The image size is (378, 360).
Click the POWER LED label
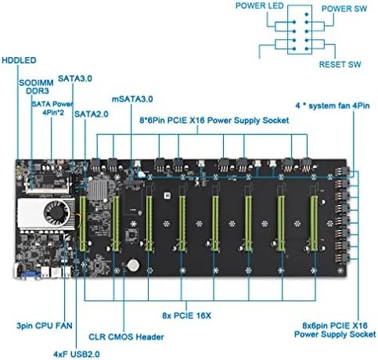[259, 5]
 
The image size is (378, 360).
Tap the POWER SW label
[344, 9]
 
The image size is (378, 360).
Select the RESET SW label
[340, 64]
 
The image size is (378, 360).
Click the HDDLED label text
[19, 60]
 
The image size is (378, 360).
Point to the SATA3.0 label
[75, 78]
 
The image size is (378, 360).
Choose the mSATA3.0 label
[132, 99]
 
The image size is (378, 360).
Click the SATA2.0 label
[92, 114]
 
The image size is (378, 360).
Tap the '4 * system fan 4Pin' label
[333, 106]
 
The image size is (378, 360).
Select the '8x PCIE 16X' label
[186, 315]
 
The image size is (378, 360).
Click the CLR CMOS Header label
[126, 337]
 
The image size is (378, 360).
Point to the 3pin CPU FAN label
[45, 326]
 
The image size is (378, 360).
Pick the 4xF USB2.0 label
[77, 355]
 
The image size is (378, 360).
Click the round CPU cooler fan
[56, 214]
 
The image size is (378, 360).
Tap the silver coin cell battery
[133, 265]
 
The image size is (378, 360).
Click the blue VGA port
[28, 275]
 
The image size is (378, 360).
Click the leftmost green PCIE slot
[83, 223]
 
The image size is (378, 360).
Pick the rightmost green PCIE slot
[314, 223]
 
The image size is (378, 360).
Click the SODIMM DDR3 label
[36, 87]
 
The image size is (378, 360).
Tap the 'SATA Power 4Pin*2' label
[52, 108]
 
